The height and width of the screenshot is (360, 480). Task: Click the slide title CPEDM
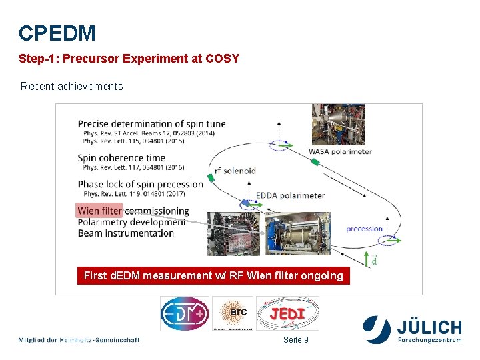[x=57, y=33]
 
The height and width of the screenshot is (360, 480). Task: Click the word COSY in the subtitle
[x=223, y=59]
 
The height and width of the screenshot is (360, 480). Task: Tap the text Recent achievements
[x=72, y=86]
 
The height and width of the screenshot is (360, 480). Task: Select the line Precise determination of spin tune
[x=151, y=123]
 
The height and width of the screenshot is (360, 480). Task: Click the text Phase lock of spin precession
[x=140, y=184]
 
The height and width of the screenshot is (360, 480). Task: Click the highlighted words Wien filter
[x=100, y=211]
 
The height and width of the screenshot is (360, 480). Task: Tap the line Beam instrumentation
[x=126, y=233]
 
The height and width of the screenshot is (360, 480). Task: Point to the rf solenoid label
[x=235, y=170]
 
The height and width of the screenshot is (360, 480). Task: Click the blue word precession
[x=365, y=229]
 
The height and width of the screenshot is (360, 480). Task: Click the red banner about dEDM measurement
[x=213, y=275]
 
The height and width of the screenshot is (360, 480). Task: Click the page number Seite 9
[x=296, y=340]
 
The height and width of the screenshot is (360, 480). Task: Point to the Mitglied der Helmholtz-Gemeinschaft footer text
[x=79, y=340]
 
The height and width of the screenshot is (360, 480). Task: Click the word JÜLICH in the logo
[x=429, y=327]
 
